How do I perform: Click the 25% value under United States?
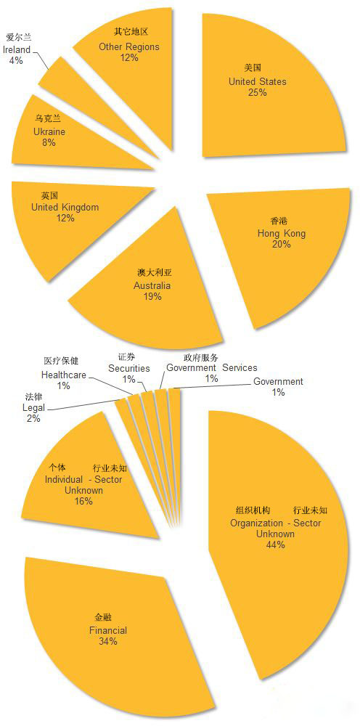coord(257,92)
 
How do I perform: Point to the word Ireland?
coord(17,49)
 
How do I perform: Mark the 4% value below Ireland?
coord(16,60)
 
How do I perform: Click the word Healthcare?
coord(64,375)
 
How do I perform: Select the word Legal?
coord(34,408)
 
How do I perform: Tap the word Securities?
coord(129,368)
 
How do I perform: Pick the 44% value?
coord(275,545)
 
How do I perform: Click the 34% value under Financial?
coord(108,641)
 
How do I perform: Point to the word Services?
coord(240,367)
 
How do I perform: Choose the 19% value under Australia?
coord(152,296)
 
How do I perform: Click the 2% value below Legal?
coord(34,419)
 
